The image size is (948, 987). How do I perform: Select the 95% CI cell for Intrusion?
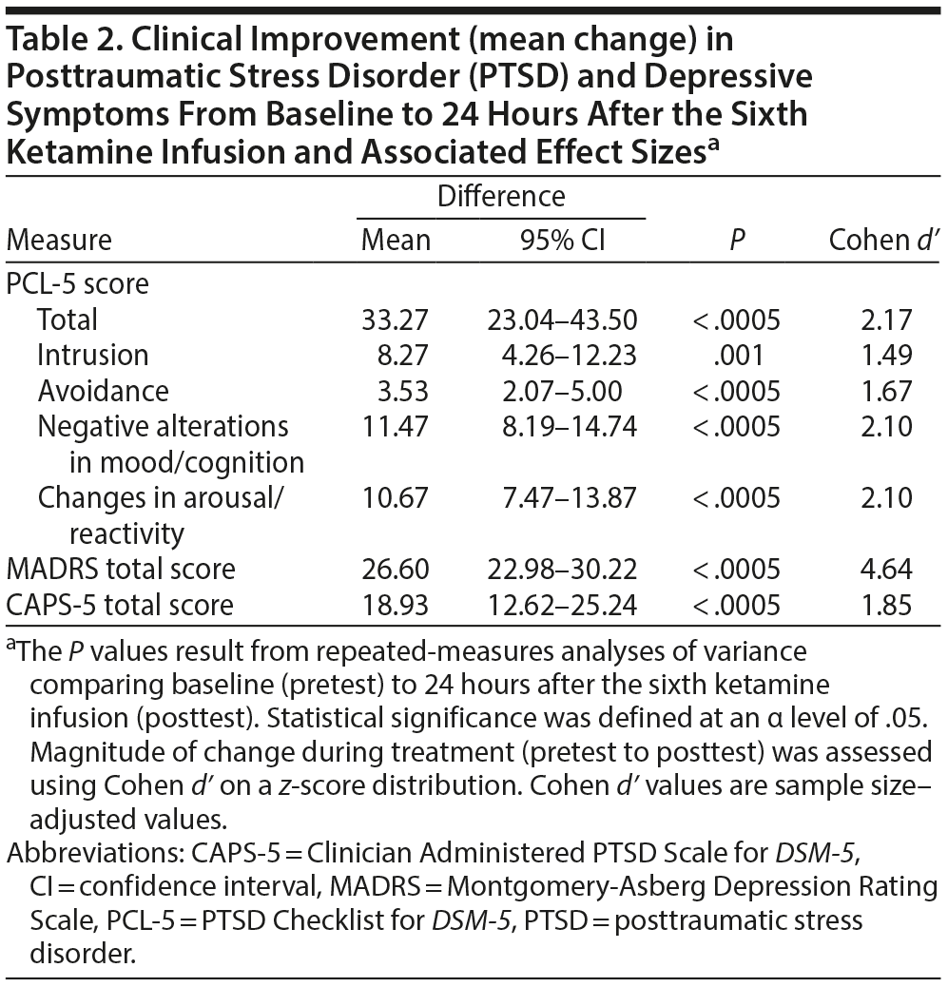click(x=570, y=355)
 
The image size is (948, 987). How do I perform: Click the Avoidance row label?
click(x=103, y=391)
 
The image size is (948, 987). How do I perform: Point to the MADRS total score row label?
click(x=121, y=569)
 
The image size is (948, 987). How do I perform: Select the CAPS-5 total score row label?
click(x=119, y=605)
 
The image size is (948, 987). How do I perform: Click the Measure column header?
click(x=59, y=240)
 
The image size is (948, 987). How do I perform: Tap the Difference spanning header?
click(x=500, y=196)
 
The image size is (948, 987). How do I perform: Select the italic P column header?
click(x=736, y=240)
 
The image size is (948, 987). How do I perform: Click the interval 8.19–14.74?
click(x=570, y=426)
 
